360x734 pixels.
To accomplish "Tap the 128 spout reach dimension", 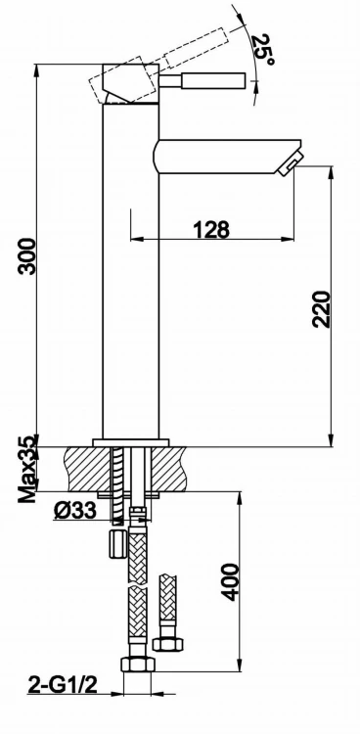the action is (211, 229).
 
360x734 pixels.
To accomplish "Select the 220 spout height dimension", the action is (322, 309).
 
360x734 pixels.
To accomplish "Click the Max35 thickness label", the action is (27, 469).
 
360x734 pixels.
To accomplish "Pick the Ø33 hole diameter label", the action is (75, 510).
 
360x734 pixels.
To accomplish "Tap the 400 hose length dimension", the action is (230, 582).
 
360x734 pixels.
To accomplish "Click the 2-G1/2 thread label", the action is (63, 685).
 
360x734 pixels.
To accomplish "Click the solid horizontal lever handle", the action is (202, 80).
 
